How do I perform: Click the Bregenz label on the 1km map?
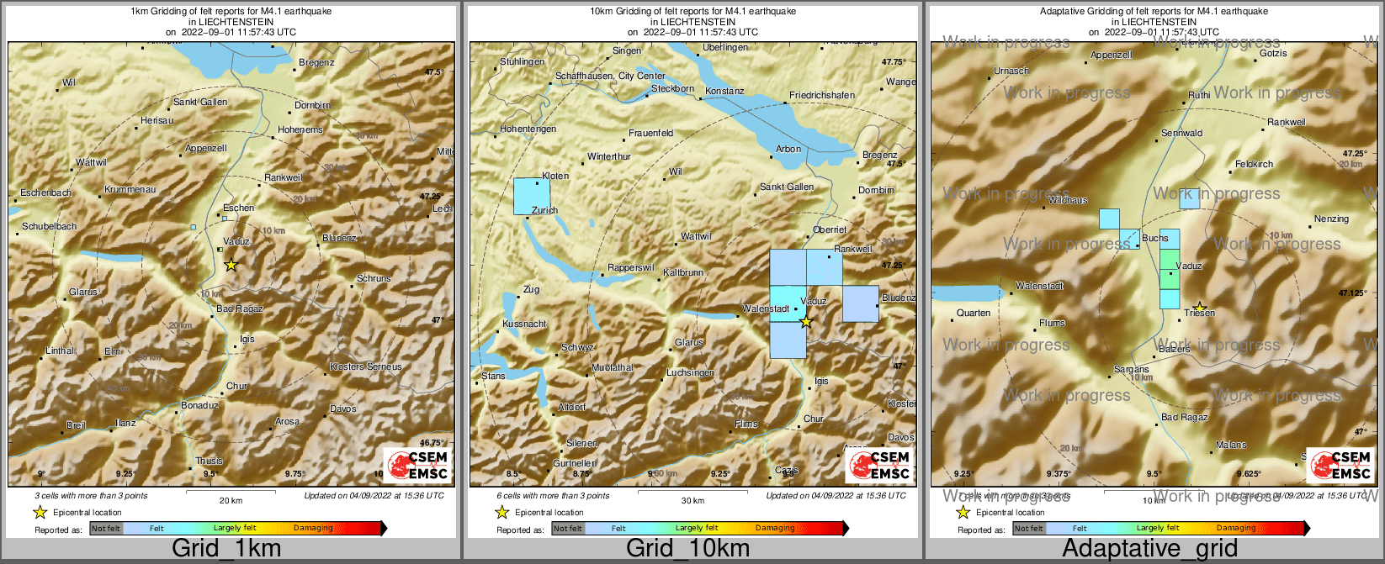click(316, 62)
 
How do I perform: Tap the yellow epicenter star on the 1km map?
click(231, 265)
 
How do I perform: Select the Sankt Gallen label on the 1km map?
click(200, 102)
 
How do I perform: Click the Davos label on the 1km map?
click(342, 409)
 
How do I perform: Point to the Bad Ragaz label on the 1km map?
click(240, 308)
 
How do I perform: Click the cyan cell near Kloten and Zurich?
click(531, 196)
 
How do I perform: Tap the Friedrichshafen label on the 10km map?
click(821, 95)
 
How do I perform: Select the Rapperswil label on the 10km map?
click(631, 267)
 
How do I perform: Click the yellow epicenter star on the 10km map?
click(806, 322)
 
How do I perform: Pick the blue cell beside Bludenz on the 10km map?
click(860, 303)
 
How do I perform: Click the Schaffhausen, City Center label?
click(610, 76)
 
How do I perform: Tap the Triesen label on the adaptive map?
click(1199, 313)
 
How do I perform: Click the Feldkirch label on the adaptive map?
click(1254, 164)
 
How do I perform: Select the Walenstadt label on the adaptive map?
click(1039, 286)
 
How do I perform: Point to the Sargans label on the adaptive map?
click(1131, 369)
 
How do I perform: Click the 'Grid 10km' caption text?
click(687, 549)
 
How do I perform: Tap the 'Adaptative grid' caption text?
click(1149, 549)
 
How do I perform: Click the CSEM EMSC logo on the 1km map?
click(419, 466)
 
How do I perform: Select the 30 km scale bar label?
click(692, 501)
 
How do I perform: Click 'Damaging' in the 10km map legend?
click(775, 528)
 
